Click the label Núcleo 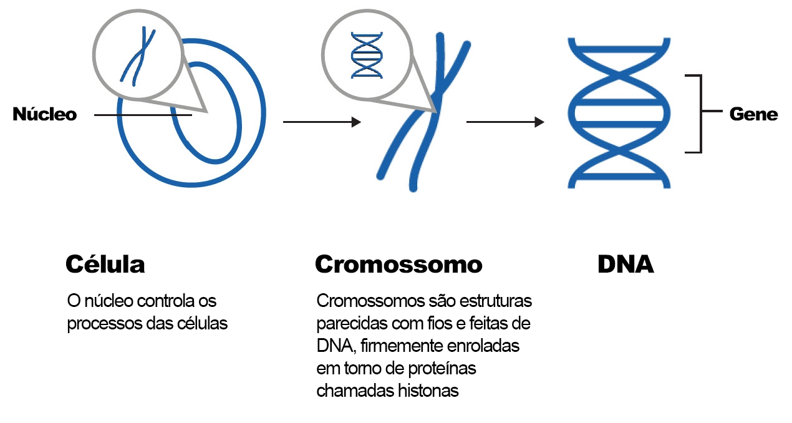point(44,115)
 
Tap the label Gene point(753,114)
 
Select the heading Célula point(105,265)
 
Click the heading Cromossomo point(398,265)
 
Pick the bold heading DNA point(625,265)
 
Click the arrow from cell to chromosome point(321,122)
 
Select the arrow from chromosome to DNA point(505,122)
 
